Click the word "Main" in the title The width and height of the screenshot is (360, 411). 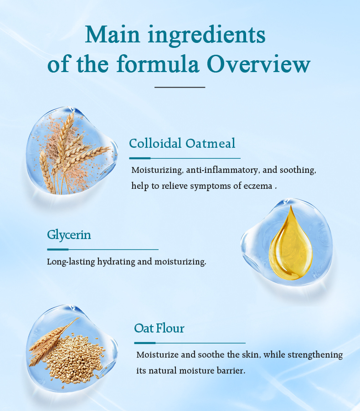click(112, 34)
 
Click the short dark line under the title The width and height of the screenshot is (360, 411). click(180, 87)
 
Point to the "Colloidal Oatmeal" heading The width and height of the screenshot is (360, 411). click(182, 143)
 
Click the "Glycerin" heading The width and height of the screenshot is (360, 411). click(69, 235)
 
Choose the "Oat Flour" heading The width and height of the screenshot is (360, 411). click(159, 328)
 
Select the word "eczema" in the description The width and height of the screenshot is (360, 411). click(258, 186)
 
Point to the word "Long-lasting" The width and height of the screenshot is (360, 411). click(71, 262)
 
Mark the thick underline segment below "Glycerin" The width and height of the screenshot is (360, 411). click(58, 250)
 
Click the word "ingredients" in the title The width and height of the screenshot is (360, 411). click(207, 36)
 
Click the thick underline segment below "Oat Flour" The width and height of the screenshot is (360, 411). click(145, 343)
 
